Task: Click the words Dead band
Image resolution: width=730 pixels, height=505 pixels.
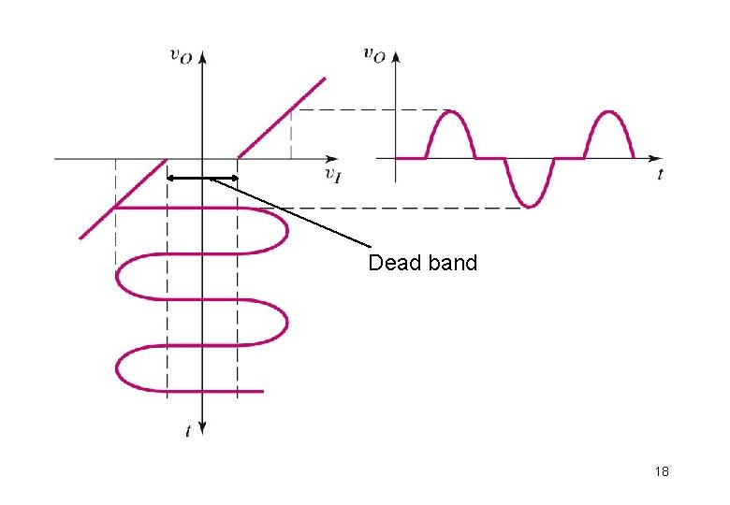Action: click(x=422, y=263)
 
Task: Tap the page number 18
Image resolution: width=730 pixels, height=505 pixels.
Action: click(x=663, y=472)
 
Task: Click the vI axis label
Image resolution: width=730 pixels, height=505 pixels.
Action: click(x=331, y=174)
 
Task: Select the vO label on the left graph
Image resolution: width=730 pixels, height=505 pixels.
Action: click(x=182, y=55)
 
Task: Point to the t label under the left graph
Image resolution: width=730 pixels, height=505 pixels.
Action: click(x=188, y=431)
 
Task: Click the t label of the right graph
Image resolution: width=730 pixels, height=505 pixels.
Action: click(x=660, y=174)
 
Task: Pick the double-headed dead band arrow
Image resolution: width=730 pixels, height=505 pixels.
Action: click(x=202, y=178)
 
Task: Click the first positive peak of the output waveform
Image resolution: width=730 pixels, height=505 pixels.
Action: click(x=451, y=112)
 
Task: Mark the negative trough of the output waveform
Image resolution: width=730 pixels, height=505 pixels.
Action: click(x=530, y=205)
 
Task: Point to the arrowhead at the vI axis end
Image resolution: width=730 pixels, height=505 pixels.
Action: click(x=333, y=158)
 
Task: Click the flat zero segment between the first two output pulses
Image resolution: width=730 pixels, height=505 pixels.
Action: click(x=490, y=158)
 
